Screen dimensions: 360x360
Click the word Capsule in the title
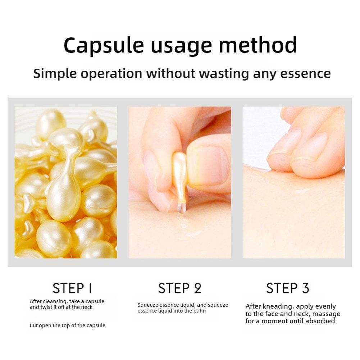coord(104,45)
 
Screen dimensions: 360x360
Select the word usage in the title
coord(181,47)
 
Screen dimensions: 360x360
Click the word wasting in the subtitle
coord(224,74)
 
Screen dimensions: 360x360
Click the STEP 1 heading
coord(72,288)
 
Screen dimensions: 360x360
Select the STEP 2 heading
coord(180,288)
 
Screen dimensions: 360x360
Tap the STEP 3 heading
coord(287,288)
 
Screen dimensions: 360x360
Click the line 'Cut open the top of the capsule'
coord(68,325)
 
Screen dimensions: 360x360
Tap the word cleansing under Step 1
coord(55,302)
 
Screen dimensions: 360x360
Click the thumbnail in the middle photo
coord(208,165)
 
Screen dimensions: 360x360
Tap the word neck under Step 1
coord(87,307)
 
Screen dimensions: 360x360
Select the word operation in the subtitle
coord(111,74)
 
